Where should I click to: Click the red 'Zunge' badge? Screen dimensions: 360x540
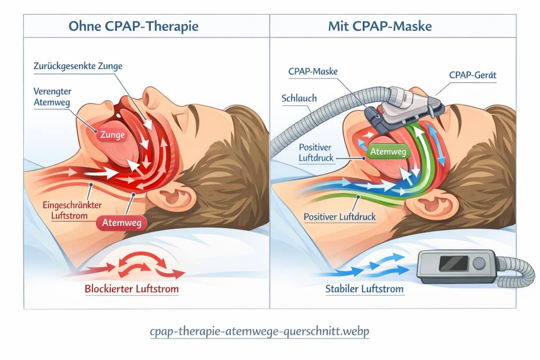coord(112,134)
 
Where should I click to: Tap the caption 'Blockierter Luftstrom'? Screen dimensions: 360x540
coord(131,289)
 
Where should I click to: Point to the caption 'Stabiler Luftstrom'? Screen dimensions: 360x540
coord(364,289)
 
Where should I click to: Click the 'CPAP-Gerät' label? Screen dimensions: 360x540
coord(473,75)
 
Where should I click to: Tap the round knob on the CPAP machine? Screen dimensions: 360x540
coord(478,263)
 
